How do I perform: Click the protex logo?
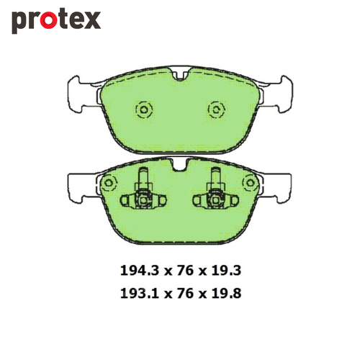(55, 20)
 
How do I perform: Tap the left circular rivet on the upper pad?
(143, 109)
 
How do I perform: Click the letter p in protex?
(19, 23)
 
